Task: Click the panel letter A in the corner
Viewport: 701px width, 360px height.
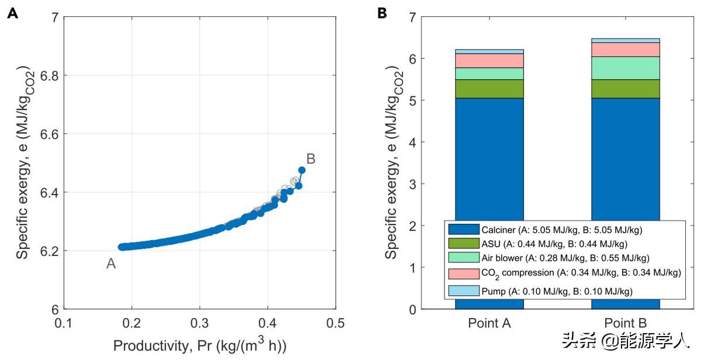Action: (12, 13)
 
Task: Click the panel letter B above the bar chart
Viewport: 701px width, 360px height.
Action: (383, 13)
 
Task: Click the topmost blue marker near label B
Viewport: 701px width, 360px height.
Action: (301, 170)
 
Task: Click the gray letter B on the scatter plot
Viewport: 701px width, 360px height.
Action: (311, 158)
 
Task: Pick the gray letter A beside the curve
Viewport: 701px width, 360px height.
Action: (111, 264)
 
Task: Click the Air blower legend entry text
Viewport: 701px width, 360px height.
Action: (565, 258)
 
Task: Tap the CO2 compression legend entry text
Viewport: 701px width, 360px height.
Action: (581, 273)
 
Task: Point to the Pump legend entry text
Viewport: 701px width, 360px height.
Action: (557, 290)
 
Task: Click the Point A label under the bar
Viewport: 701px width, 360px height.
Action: (490, 323)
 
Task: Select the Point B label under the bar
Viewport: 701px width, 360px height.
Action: (626, 323)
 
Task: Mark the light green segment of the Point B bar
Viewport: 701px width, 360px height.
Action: (626, 68)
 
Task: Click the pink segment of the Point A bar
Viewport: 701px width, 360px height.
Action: (490, 60)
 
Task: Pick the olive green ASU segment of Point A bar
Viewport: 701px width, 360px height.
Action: (490, 88)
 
